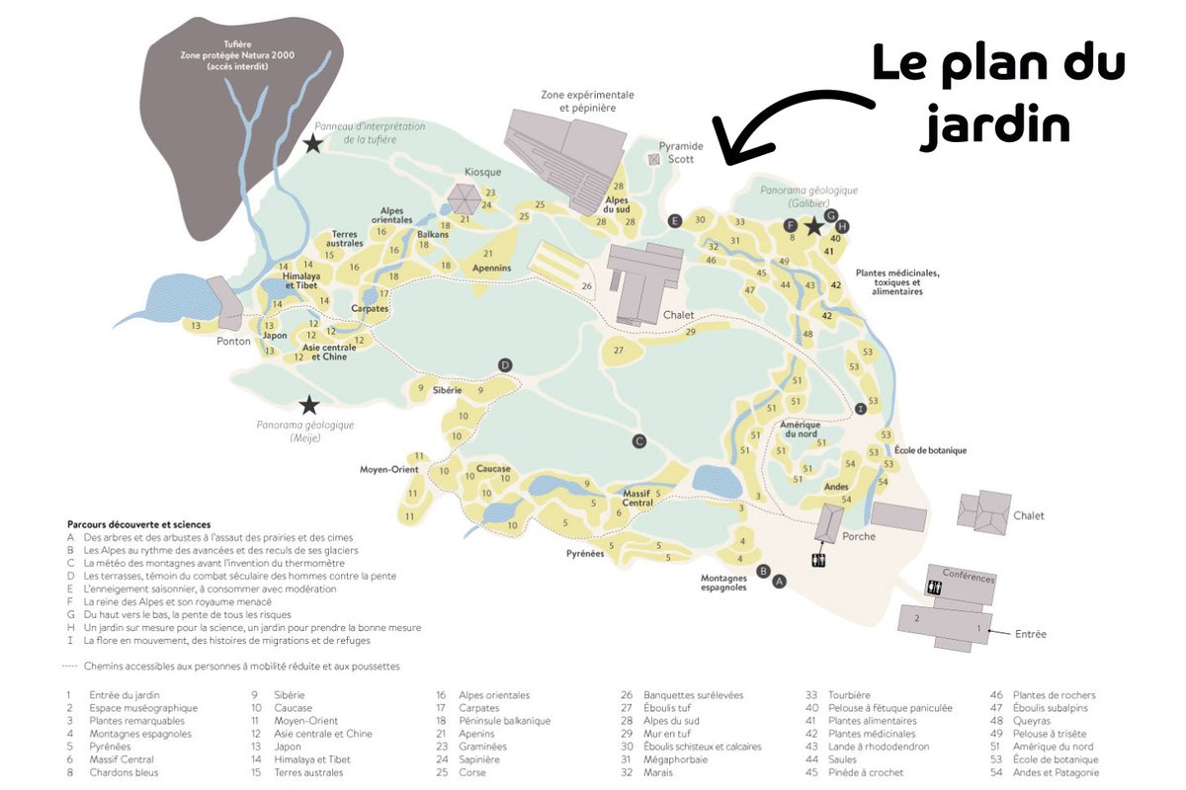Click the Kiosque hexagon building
click(x=463, y=199)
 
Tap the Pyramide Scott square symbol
click(x=653, y=158)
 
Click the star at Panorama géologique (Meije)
click(x=309, y=404)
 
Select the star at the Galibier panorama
click(x=813, y=226)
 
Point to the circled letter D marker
click(x=505, y=366)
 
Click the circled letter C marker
click(x=639, y=441)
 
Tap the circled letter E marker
click(x=676, y=220)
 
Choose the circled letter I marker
click(x=861, y=408)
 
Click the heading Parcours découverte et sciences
click(x=138, y=524)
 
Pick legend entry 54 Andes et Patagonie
click(x=1056, y=772)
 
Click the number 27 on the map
click(x=620, y=351)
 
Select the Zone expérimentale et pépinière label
click(x=587, y=101)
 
